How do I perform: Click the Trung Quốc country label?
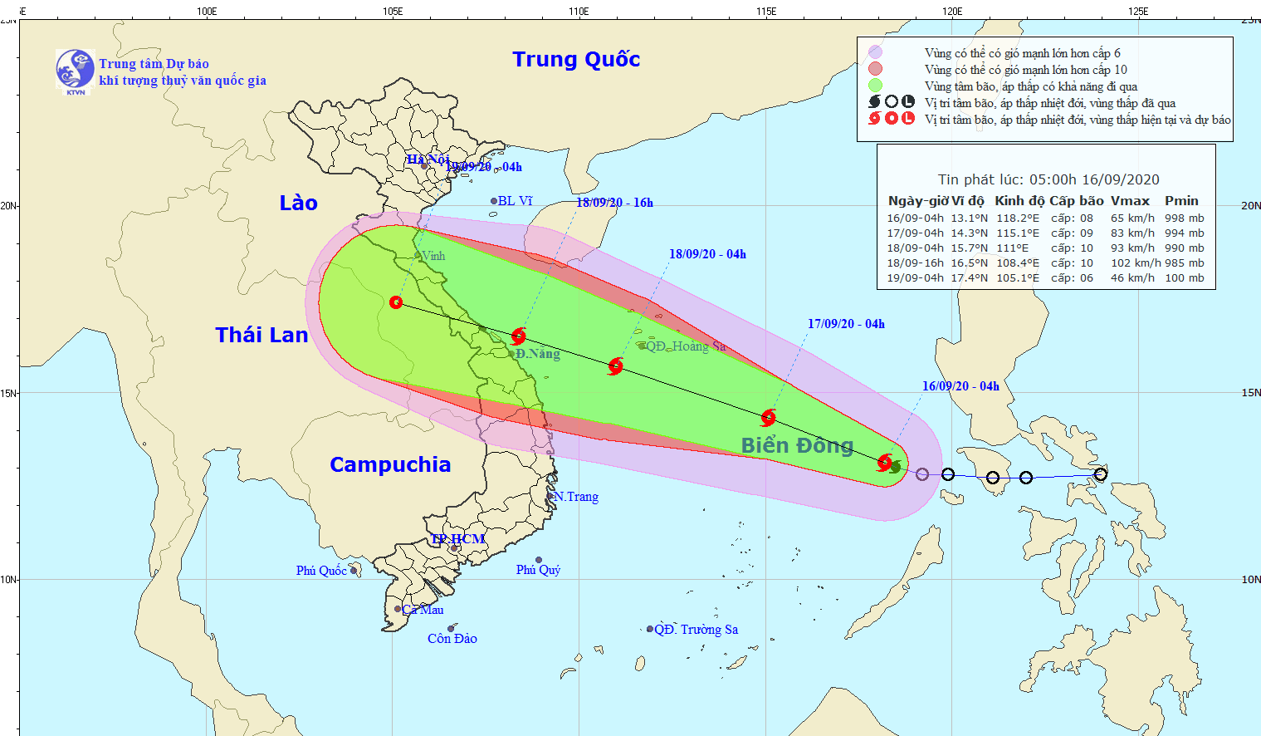576,60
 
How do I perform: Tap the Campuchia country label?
390,464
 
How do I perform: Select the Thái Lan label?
261,335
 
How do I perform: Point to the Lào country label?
298,204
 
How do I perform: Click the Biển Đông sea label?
797,446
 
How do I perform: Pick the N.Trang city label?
576,497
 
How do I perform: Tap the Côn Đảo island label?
452,639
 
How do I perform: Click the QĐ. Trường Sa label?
696,630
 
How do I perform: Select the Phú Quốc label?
321,571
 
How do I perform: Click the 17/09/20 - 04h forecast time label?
846,324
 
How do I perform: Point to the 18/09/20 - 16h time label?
614,203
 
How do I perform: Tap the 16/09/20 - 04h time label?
960,386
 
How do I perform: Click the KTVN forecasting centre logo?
75,71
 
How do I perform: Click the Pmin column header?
1181,201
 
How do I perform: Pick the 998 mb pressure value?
1184,218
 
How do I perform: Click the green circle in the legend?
875,86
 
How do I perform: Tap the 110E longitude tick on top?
579,12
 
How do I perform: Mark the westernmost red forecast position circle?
396,302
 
